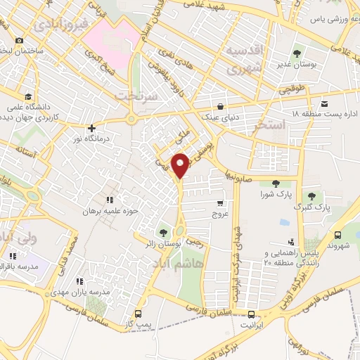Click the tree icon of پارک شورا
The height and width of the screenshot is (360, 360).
click(x=266, y=184)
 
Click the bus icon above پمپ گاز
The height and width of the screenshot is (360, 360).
click(x=139, y=313)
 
